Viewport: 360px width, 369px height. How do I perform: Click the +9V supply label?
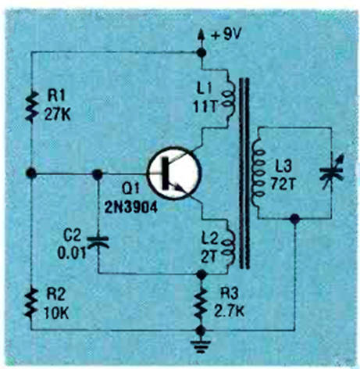click(226, 34)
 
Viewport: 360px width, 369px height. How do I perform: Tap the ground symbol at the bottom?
click(201, 346)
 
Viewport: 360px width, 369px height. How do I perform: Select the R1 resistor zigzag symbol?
click(31, 106)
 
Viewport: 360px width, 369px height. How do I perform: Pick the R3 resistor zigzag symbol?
click(201, 303)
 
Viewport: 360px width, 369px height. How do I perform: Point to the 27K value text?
click(57, 114)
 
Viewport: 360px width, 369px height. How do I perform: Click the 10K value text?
click(56, 313)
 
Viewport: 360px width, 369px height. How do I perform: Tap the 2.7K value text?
click(229, 310)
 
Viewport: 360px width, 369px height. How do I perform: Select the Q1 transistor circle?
click(174, 173)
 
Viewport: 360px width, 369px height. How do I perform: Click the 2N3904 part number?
click(131, 208)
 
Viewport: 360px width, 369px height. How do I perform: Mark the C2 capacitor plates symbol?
click(98, 242)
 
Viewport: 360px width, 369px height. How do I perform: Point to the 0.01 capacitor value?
click(72, 253)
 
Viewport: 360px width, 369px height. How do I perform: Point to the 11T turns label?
click(205, 106)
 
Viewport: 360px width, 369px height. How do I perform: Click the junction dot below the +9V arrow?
click(201, 53)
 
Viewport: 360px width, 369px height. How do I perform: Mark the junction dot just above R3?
click(201, 274)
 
